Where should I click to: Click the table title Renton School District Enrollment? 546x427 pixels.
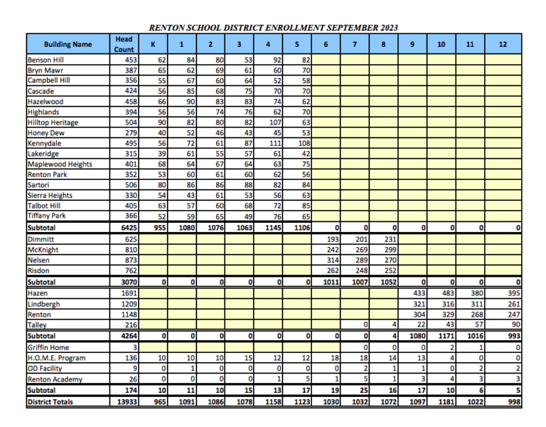point(273,27)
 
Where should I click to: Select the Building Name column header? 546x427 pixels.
point(68,44)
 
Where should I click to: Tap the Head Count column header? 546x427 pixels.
point(124,44)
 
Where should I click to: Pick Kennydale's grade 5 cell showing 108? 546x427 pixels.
point(302,143)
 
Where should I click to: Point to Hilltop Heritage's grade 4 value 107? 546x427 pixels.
point(273,122)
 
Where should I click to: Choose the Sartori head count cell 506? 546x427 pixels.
point(129,185)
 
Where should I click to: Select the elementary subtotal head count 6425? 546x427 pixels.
point(127,228)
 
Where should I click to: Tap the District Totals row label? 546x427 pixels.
point(50,401)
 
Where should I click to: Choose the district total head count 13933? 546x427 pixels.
point(124,401)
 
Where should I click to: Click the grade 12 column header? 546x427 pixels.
point(503,44)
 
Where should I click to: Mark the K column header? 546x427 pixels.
point(153,44)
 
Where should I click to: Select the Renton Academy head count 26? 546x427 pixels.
point(132,379)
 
